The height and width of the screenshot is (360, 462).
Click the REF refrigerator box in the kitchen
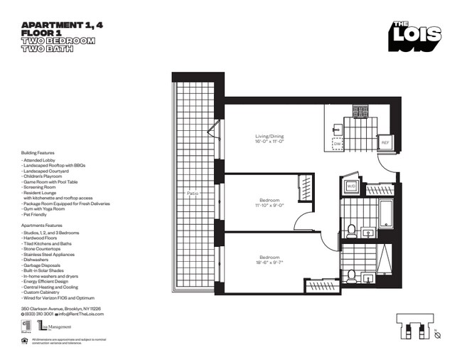tap(385, 142)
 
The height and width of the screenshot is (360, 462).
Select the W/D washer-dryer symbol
tap(351, 187)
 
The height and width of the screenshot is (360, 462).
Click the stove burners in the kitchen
tap(360, 112)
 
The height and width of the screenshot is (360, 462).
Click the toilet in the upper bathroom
tap(351, 229)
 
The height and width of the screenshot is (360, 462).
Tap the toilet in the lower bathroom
tap(351, 275)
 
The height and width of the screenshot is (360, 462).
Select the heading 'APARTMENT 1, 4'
tap(53, 25)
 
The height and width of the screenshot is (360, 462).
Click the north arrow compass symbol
tap(437, 335)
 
